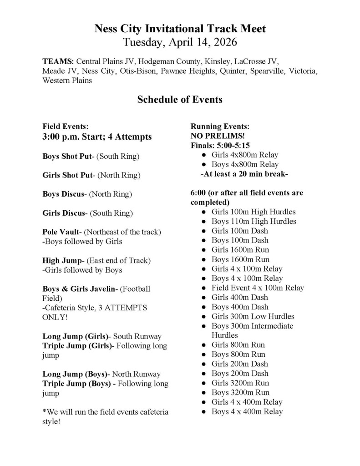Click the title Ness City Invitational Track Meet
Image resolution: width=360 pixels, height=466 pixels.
click(180, 29)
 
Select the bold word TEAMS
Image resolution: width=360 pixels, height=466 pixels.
click(58, 61)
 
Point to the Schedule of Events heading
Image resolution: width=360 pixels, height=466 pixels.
click(180, 99)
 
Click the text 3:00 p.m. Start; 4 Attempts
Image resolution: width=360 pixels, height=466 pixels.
click(97, 137)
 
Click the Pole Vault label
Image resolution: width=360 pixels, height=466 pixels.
click(62, 232)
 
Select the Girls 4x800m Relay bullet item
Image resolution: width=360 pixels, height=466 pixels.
click(245, 155)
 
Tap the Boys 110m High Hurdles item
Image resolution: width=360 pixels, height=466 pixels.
click(254, 221)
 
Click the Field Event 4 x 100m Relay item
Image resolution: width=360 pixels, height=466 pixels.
click(258, 288)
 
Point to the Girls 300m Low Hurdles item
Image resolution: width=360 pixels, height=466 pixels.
click(253, 316)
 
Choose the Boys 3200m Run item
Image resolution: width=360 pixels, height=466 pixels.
click(240, 392)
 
